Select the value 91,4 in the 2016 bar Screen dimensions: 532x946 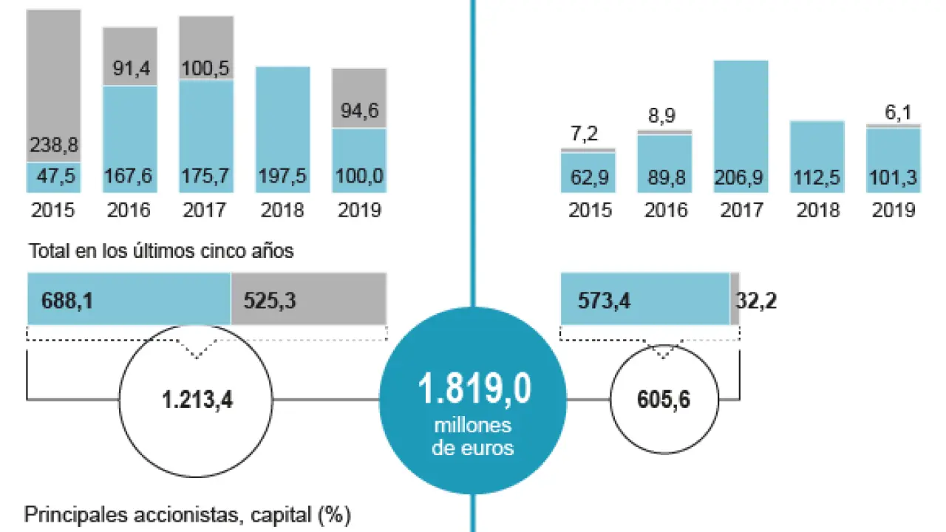pyautogui.click(x=130, y=69)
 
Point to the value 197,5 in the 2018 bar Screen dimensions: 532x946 pyautogui.click(x=282, y=178)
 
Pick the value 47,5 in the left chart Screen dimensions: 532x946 pyautogui.click(x=53, y=178)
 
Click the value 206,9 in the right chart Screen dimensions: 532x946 pyautogui.click(x=741, y=178)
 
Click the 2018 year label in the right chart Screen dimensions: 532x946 pyautogui.click(x=817, y=210)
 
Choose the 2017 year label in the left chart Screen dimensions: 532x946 pyautogui.click(x=206, y=210)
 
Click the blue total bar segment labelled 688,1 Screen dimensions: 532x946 pyautogui.click(x=129, y=299)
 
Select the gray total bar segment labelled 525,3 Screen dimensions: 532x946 pyautogui.click(x=309, y=299)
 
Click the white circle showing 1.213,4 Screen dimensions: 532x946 pyautogui.click(x=196, y=400)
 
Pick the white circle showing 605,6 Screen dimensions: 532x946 pyautogui.click(x=664, y=400)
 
